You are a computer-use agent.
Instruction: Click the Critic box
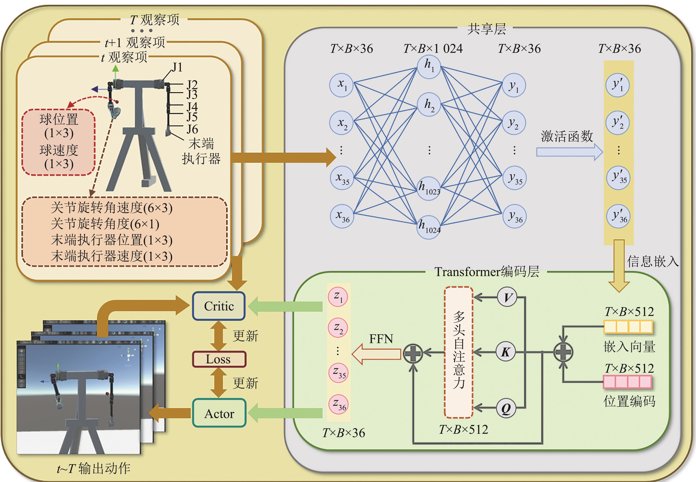[219, 306]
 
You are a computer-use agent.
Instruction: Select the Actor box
[219, 413]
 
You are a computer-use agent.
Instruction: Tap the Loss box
[219, 359]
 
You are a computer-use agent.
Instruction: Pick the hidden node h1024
[429, 227]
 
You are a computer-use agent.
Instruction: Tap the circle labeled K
[506, 352]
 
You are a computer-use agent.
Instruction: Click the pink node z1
[338, 297]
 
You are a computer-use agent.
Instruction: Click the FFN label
[381, 339]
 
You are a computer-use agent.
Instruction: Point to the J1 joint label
[177, 67]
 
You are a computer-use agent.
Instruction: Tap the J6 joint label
[192, 129]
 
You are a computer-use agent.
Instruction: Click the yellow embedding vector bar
[628, 327]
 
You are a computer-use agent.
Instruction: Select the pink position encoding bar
[627, 382]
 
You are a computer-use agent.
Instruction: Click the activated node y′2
[617, 123]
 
